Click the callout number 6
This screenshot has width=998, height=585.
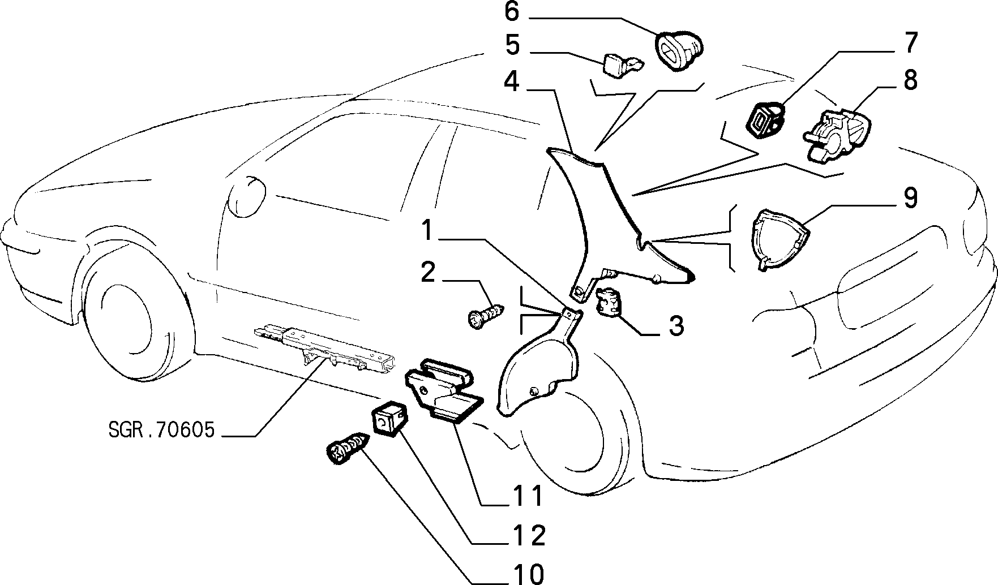pos(511,11)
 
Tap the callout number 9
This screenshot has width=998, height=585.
pos(910,199)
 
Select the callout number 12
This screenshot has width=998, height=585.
pos(530,535)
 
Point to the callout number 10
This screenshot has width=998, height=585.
pos(530,573)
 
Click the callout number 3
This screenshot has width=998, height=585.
pos(676,326)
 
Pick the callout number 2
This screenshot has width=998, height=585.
pos(428,272)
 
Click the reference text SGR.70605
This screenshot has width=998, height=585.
pos(162,431)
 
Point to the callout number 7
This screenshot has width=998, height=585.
pos(910,44)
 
